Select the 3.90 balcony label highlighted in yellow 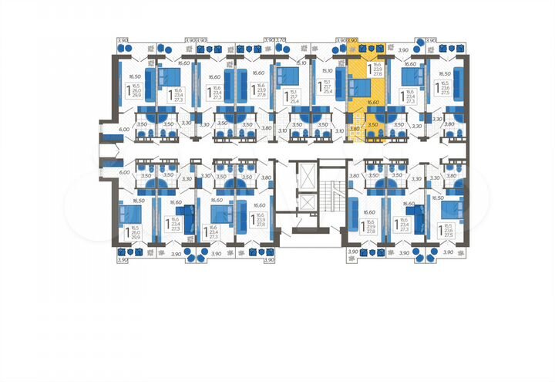pyautogui.click(x=354, y=39)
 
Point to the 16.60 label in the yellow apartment pyautogui.click(x=374, y=101)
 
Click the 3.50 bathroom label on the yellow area pyautogui.click(x=373, y=123)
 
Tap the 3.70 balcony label pyautogui.click(x=281, y=39)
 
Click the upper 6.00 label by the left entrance pyautogui.click(x=123, y=130)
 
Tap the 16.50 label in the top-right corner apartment pyautogui.click(x=444, y=75)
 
